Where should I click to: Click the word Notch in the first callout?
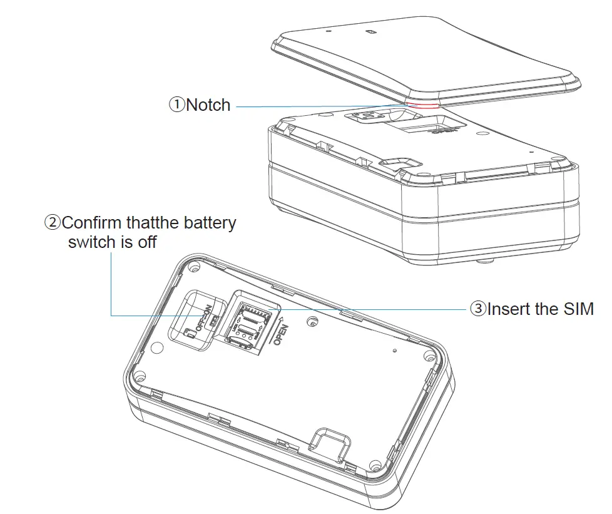(x=208, y=105)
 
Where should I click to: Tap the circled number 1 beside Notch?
(x=176, y=105)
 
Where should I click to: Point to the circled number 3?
(x=478, y=309)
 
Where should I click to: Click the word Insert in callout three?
(x=509, y=309)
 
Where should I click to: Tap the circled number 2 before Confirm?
(x=53, y=223)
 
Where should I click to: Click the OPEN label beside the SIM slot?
(x=280, y=335)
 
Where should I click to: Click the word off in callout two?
(x=146, y=242)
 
